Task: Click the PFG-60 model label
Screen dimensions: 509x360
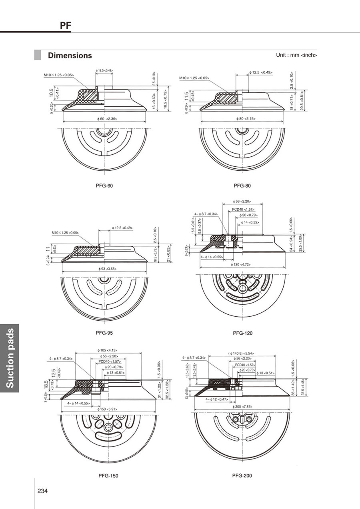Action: (107, 186)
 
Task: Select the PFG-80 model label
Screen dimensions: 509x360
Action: (242, 186)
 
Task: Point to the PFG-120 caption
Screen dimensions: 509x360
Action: (243, 333)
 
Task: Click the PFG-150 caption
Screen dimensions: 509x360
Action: (108, 476)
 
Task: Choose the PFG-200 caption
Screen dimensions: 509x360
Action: (242, 476)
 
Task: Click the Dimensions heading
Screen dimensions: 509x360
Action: (70, 56)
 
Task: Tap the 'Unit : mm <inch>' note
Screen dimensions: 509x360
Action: (296, 55)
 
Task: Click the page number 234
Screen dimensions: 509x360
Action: (43, 491)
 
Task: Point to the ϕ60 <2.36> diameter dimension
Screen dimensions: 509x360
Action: (107, 119)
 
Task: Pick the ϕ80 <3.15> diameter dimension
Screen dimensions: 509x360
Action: (243, 118)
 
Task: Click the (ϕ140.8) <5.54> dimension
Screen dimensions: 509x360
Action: (242, 353)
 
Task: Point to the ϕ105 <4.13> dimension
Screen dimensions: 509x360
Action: (107, 350)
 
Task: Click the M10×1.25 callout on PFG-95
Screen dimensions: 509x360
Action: (65, 233)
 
